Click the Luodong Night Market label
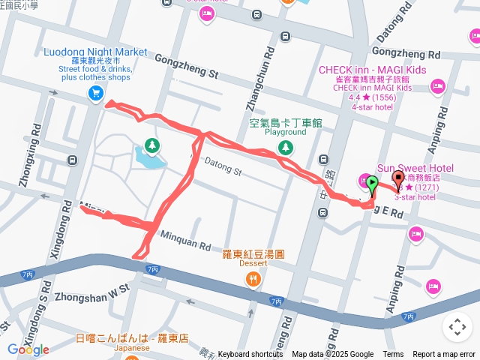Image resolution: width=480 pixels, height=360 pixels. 94,52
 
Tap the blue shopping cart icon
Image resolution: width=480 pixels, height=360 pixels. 95,93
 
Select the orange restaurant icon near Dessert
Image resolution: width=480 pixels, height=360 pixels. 253,280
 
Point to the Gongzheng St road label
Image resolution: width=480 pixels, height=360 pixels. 186,66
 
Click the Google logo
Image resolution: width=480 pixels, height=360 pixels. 28,349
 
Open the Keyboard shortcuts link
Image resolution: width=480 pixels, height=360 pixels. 251,355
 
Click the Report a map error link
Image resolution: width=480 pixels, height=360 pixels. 445,355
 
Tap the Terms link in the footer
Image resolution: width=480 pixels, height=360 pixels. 393,355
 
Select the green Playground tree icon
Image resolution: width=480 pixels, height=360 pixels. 284,148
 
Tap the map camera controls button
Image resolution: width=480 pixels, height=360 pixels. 457,327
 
